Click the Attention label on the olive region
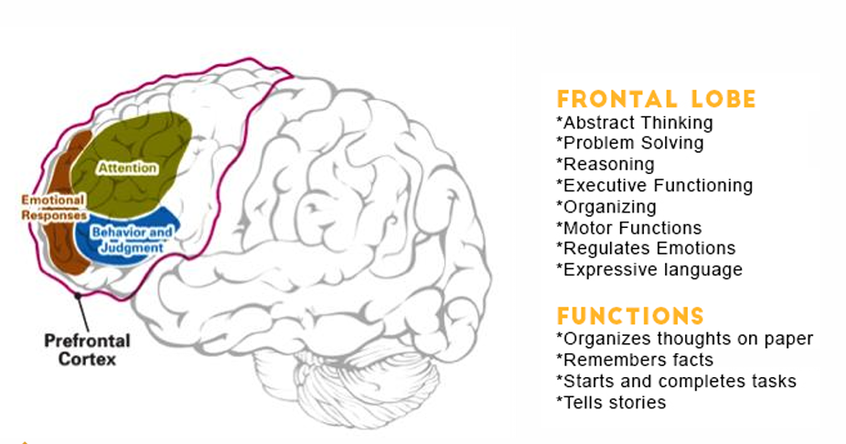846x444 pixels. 127,168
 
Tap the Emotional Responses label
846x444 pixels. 54,207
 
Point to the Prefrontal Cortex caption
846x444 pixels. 87,350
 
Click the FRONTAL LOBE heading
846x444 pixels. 657,99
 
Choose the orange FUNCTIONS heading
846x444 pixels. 630,317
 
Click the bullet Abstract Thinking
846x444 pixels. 634,122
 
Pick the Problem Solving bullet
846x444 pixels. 629,143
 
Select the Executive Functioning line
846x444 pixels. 654,185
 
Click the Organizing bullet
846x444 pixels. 605,206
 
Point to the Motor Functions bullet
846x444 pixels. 628,227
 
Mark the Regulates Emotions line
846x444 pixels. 645,248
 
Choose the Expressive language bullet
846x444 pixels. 648,269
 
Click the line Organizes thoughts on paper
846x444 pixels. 684,339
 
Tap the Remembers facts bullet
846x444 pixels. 634,360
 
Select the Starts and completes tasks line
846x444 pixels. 676,381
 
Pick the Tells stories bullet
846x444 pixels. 610,402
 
